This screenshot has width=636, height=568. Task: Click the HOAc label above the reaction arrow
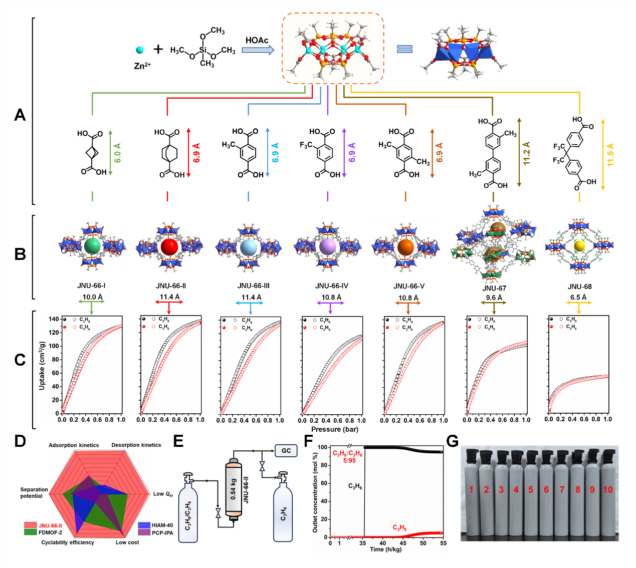point(257,40)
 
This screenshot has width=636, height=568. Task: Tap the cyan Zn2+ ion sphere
point(140,50)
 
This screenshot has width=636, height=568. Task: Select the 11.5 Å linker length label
point(610,155)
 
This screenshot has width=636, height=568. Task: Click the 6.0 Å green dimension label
point(118,153)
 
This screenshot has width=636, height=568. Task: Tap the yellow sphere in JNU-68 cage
point(579,246)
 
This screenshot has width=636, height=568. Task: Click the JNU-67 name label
point(494,288)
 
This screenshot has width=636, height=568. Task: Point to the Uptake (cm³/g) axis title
point(42,366)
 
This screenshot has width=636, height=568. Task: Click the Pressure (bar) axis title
point(335,429)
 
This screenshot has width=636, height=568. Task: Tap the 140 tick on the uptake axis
point(54,319)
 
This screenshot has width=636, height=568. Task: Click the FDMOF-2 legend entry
point(50,532)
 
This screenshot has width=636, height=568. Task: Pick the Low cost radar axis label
point(127,542)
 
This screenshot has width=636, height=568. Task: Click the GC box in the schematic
point(286,451)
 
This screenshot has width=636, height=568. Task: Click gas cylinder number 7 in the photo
point(562,489)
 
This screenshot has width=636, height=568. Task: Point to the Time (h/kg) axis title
point(386,549)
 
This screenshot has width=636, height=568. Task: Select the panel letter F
point(309,441)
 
